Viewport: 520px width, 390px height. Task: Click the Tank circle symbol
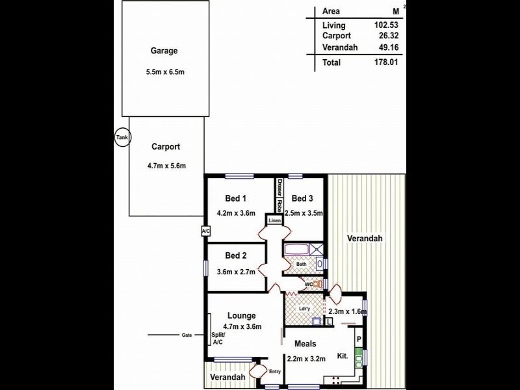[x=122, y=137]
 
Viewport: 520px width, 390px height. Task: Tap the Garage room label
[x=164, y=51]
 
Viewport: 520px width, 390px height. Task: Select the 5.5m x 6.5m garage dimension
[x=166, y=72]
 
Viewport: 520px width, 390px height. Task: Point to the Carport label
[x=166, y=147]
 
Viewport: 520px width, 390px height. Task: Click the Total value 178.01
[x=384, y=63]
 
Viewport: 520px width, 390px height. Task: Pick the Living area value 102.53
[x=385, y=25]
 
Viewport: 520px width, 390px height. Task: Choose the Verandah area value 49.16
[x=385, y=47]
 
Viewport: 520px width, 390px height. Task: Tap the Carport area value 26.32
[x=386, y=36]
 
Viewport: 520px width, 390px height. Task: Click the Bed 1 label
[x=235, y=198]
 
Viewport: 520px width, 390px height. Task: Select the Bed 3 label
[x=302, y=198]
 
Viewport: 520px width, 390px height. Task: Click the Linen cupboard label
[x=274, y=221]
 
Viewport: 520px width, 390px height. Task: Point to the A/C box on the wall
[x=205, y=231]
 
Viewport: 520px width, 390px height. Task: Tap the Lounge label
[x=242, y=316]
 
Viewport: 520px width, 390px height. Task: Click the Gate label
[x=187, y=335]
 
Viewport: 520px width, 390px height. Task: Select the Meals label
[x=305, y=344]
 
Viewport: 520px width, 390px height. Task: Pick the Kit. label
[x=343, y=356]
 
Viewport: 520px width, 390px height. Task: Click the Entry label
[x=274, y=372]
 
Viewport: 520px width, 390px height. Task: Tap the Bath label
[x=301, y=265]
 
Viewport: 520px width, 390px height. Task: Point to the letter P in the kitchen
[x=357, y=339]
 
